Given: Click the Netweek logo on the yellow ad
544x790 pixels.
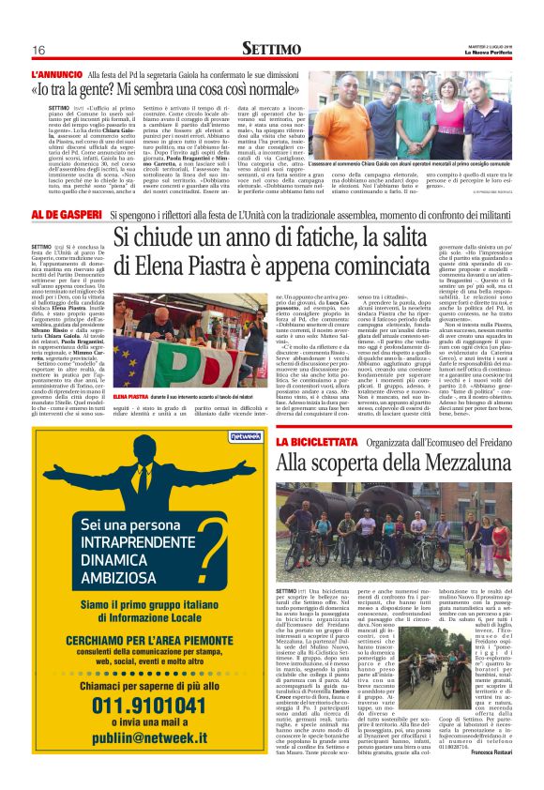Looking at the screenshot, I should click(218, 436).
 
